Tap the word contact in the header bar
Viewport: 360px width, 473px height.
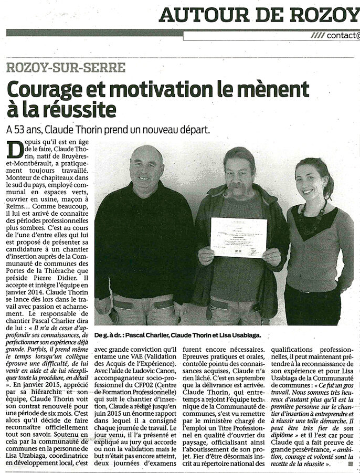point(340,36)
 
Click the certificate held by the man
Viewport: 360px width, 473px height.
point(238,238)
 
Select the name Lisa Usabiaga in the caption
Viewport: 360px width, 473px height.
point(243,334)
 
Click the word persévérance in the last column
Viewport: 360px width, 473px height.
point(322,450)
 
